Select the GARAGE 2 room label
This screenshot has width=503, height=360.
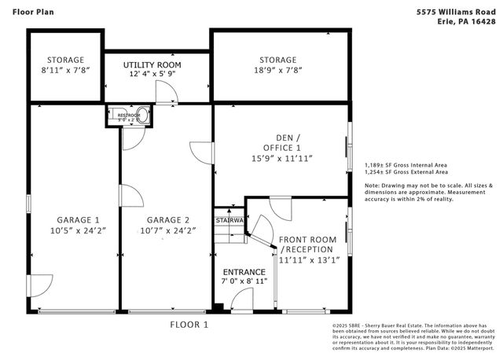(x=167, y=219)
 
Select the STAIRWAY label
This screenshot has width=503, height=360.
(x=229, y=221)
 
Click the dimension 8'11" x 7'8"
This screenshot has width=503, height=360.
(x=64, y=70)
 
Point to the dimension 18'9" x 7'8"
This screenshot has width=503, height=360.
(x=279, y=70)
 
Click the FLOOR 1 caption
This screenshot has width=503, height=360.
(x=189, y=324)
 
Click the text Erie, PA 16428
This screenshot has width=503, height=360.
(x=464, y=22)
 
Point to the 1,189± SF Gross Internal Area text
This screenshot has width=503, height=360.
(x=406, y=165)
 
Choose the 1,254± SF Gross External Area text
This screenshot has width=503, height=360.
(x=406, y=172)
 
